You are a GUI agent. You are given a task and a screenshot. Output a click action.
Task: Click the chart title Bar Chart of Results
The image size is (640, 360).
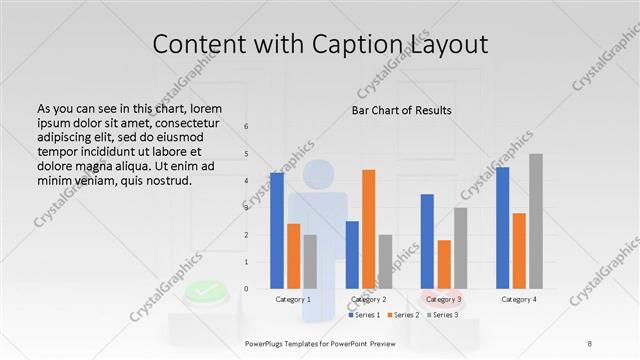(401, 110)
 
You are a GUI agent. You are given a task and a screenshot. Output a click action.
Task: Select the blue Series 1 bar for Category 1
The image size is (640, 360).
(277, 230)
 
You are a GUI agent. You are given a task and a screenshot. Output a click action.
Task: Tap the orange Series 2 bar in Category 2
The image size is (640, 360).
(368, 229)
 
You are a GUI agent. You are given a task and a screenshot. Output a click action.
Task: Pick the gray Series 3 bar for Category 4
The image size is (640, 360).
(536, 221)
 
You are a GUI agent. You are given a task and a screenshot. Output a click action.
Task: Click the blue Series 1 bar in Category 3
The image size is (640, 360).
(427, 241)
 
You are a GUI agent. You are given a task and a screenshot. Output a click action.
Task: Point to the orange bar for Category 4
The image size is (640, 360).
(519, 251)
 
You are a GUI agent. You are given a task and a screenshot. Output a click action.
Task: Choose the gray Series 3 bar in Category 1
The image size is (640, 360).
(310, 262)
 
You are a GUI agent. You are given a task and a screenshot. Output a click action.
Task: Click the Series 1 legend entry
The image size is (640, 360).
(365, 315)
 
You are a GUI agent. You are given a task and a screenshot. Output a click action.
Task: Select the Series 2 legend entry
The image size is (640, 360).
(402, 315)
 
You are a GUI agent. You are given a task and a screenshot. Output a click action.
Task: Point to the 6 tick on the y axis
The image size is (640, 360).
(246, 127)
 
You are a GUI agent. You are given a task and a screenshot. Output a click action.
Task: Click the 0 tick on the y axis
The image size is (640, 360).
(246, 289)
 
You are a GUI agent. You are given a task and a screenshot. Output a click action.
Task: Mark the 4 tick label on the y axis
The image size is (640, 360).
(246, 181)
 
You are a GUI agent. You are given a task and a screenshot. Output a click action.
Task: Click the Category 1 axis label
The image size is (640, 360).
(293, 299)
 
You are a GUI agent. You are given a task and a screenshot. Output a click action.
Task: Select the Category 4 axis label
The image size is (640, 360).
(519, 299)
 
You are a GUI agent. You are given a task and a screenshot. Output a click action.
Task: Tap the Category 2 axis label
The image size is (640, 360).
(368, 299)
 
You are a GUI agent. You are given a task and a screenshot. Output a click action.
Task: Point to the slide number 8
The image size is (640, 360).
(589, 343)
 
